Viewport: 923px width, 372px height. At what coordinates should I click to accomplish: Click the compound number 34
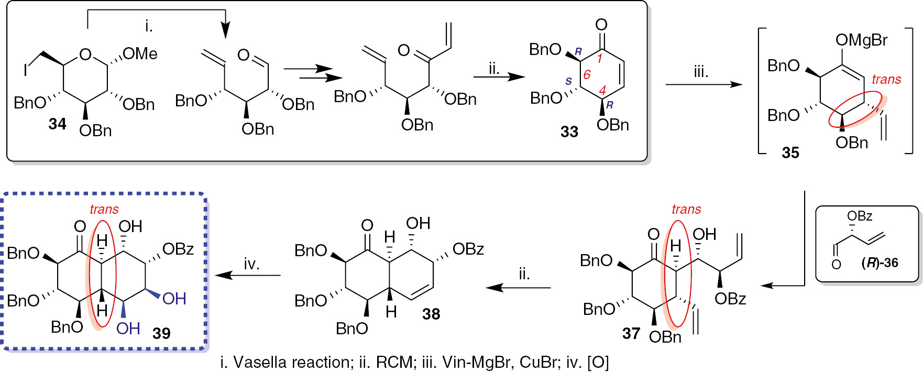coord(57,124)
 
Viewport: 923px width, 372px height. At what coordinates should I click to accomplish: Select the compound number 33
coord(569,132)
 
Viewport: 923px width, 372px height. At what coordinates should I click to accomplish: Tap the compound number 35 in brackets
coord(790,152)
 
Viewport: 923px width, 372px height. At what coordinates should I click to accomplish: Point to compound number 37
coord(631,333)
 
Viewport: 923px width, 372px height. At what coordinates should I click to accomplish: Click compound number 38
coord(431,314)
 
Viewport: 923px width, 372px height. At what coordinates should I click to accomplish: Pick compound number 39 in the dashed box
coord(161,333)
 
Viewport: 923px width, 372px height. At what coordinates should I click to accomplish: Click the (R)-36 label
coord(880,262)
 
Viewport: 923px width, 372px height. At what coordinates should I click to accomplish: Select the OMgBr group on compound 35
coord(861,40)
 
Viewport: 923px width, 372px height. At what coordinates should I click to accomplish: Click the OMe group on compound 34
coord(140,53)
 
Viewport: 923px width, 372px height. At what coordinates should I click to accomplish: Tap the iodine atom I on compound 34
coord(25,70)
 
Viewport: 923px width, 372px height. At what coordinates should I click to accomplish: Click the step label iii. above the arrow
coord(700,72)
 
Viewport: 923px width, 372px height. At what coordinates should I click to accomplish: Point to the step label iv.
coord(251,264)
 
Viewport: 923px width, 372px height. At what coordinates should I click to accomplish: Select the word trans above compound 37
coord(686,209)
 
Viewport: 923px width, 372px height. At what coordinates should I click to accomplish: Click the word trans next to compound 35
coord(886,79)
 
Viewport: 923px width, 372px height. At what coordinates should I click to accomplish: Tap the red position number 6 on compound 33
coord(587,75)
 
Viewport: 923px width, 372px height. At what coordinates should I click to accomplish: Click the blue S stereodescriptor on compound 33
coord(568,81)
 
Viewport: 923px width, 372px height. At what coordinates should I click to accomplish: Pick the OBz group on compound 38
coord(468,249)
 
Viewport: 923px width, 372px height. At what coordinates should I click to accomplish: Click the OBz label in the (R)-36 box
coord(860,216)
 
